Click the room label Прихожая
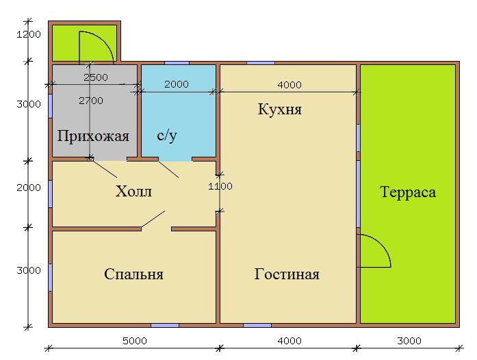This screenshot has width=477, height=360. [x=93, y=136]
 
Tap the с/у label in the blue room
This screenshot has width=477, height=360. [x=167, y=136]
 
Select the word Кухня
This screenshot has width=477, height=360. [x=279, y=109]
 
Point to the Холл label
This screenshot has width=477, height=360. [x=133, y=192]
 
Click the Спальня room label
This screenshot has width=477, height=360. [x=133, y=274]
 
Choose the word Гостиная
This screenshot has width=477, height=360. [x=287, y=274]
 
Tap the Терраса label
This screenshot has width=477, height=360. [x=408, y=192]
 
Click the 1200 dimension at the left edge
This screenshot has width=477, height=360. [x=28, y=34]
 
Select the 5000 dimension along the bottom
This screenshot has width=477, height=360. [x=135, y=341]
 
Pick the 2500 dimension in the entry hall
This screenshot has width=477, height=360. [x=96, y=77]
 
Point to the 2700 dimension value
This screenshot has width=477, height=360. [x=91, y=101]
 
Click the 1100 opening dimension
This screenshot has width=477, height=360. [x=220, y=186]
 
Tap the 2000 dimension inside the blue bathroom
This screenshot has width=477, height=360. [x=177, y=84]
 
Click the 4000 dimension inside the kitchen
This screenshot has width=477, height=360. [x=289, y=85]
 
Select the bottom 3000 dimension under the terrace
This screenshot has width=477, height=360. [x=409, y=341]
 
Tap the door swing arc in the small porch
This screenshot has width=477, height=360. [x=104, y=39]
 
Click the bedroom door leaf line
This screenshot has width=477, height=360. [x=153, y=219]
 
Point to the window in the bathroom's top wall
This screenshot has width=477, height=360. [x=177, y=63]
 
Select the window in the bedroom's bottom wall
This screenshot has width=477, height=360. [x=165, y=326]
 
